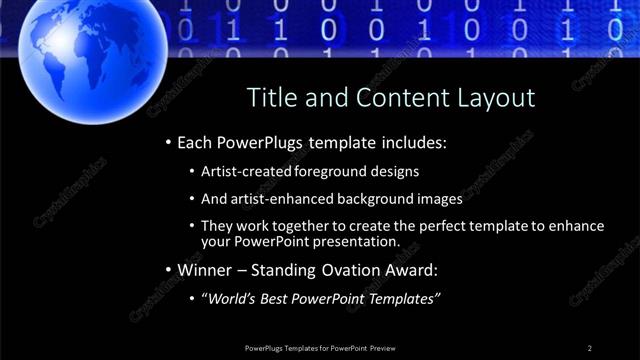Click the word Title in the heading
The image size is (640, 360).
(271, 98)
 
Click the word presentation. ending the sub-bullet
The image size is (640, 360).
(357, 241)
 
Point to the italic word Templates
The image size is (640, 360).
(404, 298)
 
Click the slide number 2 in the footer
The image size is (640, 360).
(590, 347)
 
